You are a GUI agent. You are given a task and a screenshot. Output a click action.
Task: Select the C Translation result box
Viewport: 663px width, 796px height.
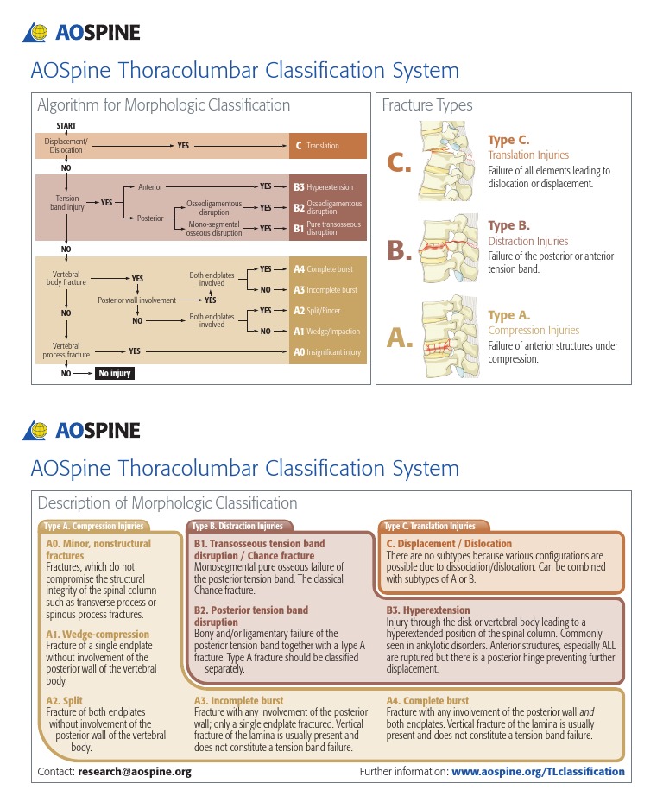328,146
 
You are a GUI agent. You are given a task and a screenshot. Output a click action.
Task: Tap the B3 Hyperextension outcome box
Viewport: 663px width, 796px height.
328,186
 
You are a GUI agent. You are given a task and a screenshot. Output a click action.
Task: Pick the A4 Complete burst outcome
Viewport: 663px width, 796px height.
328,269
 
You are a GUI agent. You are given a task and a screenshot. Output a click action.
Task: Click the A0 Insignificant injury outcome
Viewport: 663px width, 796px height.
328,352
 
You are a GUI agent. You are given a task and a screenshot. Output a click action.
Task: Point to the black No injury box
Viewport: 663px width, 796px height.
114,375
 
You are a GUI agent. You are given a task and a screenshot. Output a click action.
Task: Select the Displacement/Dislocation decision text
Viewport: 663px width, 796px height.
66,146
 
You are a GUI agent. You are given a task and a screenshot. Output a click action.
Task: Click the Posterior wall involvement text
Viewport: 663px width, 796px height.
136,300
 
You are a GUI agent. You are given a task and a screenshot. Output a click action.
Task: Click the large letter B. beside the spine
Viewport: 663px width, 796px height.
400,251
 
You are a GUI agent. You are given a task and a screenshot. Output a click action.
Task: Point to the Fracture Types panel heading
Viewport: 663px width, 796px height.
427,105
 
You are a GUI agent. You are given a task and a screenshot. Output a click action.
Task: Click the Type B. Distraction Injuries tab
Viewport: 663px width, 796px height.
237,527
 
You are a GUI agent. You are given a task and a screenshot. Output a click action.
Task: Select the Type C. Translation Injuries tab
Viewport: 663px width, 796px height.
430,527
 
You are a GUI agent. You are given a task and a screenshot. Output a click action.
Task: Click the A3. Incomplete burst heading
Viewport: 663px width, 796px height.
238,701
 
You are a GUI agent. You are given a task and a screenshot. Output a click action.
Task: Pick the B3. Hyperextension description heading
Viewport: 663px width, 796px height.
427,610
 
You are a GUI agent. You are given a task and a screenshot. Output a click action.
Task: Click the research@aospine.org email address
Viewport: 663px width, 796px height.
134,772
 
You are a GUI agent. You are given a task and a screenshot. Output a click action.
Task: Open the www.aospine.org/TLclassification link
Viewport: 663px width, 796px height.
538,772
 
